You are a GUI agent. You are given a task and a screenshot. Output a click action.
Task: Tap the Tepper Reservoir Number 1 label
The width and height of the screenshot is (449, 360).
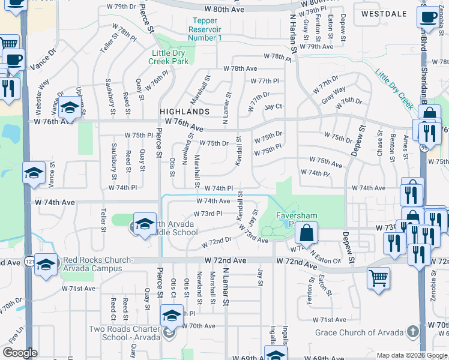[205, 29]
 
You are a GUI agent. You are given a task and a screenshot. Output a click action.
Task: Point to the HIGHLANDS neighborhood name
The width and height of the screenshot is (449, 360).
[184, 112]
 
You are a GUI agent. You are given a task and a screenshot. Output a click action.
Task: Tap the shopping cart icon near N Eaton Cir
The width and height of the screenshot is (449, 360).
[378, 278]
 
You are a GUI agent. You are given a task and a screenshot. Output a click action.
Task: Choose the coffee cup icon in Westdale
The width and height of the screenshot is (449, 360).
[429, 17]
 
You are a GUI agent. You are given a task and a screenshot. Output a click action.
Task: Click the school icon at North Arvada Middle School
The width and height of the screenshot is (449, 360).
[145, 224]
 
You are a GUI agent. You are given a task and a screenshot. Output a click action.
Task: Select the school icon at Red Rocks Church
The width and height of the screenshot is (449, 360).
[46, 264]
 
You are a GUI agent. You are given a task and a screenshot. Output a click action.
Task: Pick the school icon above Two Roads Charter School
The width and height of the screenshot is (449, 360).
[172, 316]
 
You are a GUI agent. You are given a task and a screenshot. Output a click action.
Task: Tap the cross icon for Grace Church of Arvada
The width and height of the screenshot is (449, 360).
[412, 332]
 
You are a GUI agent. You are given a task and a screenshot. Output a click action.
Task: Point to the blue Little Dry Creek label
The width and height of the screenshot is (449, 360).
[395, 91]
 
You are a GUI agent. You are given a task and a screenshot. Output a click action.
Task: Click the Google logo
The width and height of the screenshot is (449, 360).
[20, 352]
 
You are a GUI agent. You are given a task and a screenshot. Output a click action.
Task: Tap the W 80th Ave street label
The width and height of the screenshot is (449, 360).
[224, 10]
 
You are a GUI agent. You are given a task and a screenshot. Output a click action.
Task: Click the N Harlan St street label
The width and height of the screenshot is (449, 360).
[294, 34]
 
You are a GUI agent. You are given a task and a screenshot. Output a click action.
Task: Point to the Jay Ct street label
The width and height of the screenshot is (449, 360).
[273, 106]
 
